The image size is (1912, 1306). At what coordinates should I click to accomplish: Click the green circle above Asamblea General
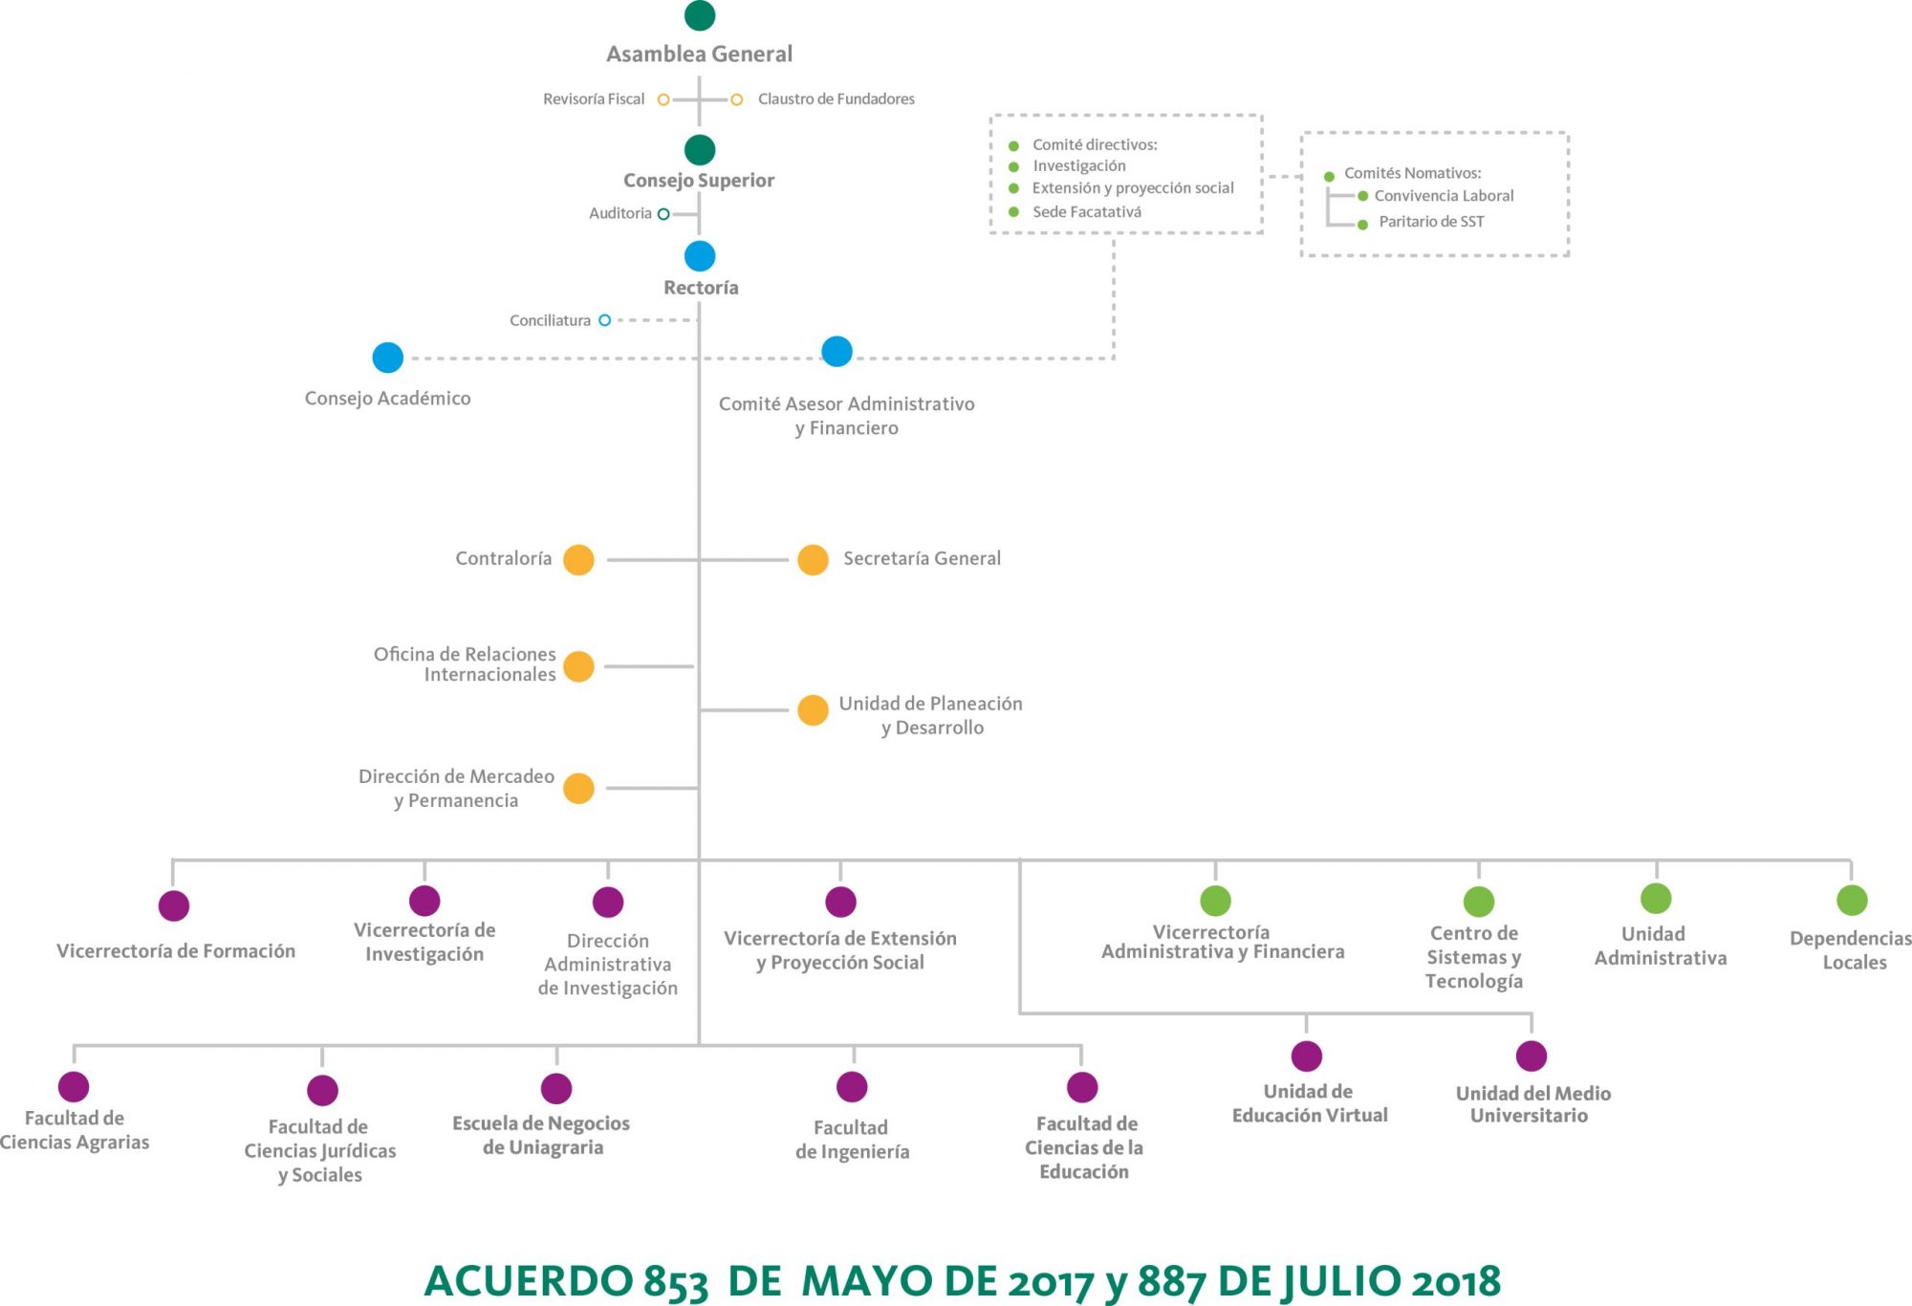[x=700, y=15]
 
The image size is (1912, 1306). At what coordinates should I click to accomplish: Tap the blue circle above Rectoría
[x=700, y=256]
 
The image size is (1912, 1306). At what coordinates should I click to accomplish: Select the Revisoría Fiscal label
[x=594, y=98]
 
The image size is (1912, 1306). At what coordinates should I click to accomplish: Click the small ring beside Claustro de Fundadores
[x=737, y=99]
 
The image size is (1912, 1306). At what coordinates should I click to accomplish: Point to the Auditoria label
[x=619, y=213]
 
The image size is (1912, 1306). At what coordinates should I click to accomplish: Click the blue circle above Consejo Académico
[x=388, y=358]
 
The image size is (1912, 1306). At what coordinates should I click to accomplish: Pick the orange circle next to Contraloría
[x=578, y=559]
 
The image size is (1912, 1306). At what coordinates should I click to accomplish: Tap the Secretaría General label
[x=922, y=558]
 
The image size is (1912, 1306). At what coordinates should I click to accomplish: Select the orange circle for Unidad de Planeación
[x=813, y=710]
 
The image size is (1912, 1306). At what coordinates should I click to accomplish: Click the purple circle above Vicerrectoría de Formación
[x=174, y=905]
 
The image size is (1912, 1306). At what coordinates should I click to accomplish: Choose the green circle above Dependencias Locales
[x=1852, y=900]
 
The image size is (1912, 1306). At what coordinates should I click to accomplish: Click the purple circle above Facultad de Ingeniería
[x=852, y=1087]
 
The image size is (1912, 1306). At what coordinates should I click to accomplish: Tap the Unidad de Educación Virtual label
[x=1309, y=1103]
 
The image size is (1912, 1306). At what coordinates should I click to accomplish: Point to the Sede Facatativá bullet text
[x=1087, y=212]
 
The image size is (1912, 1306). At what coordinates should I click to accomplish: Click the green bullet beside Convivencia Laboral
[x=1363, y=196]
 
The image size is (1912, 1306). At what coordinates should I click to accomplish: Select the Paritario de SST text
[x=1431, y=222]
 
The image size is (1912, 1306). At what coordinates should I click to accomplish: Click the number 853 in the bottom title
[x=676, y=1281]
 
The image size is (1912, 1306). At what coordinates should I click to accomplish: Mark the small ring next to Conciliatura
[x=604, y=320]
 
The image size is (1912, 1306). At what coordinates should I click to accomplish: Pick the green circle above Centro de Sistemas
[x=1479, y=902]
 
